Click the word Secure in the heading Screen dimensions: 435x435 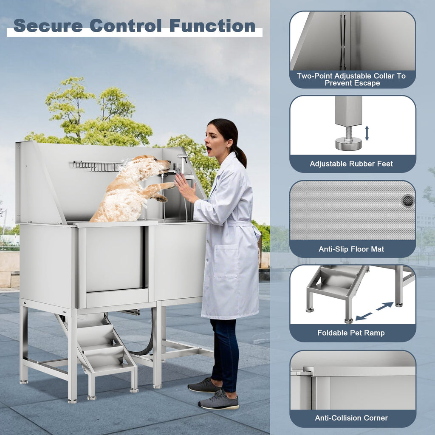[x=48, y=26]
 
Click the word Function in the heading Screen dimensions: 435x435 [x=212, y=26]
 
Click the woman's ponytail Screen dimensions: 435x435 [x=241, y=157]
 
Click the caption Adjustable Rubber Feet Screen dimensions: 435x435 [x=351, y=164]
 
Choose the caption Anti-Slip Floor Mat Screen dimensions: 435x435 [x=351, y=249]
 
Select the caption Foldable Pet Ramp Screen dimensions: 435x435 [x=351, y=333]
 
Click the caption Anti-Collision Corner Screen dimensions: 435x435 [x=351, y=418]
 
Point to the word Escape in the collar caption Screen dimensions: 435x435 [x=366, y=83]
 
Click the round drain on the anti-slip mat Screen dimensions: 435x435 [x=408, y=201]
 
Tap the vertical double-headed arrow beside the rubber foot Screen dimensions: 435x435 [x=367, y=133]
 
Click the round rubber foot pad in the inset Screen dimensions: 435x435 [x=348, y=144]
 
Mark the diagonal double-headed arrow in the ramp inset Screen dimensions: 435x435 [x=375, y=311]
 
